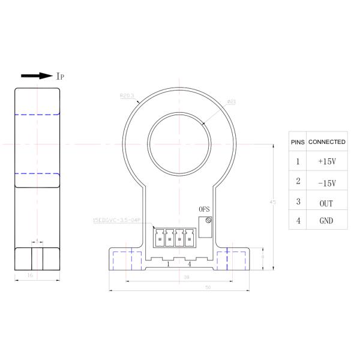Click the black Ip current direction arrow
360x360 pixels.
[x=36, y=76]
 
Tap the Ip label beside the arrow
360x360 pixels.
[x=61, y=76]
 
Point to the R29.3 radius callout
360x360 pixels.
[x=126, y=95]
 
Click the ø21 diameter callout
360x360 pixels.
[x=231, y=102]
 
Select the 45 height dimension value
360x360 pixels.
[x=273, y=202]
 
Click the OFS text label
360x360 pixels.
[x=205, y=209]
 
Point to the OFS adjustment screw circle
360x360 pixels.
[x=208, y=220]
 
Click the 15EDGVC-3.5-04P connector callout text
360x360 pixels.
[x=116, y=221]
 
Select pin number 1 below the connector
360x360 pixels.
[x=168, y=263]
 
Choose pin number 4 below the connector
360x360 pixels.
[x=190, y=263]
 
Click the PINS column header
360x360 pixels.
[x=298, y=142]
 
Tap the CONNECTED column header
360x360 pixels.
[x=327, y=142]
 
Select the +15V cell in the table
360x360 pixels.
[x=327, y=162]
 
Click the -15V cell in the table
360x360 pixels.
[x=327, y=182]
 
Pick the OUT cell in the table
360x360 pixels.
[x=327, y=203]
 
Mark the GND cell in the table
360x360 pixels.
[x=327, y=220]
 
